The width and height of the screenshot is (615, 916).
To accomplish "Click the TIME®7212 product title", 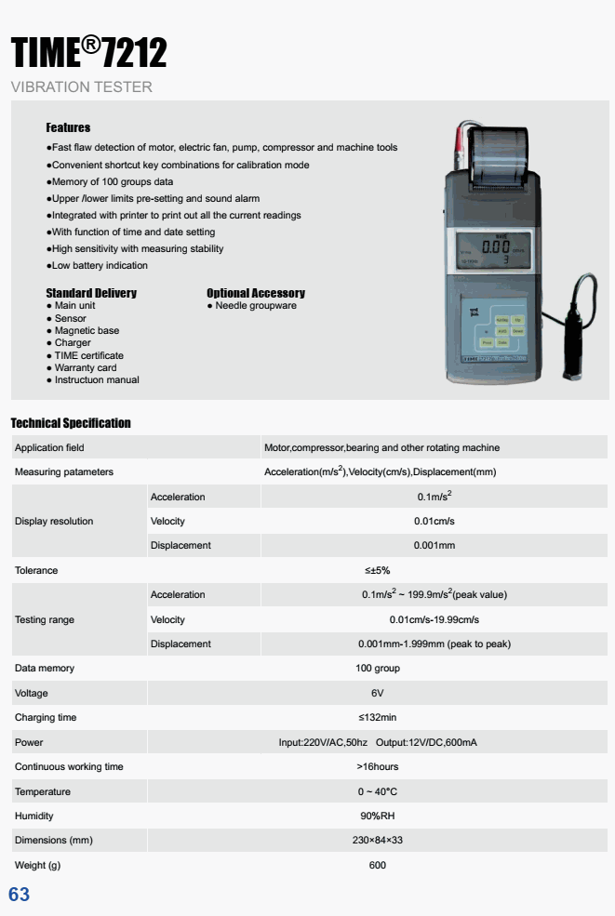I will tap(88, 54).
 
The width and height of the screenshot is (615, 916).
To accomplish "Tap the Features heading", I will tap(68, 126).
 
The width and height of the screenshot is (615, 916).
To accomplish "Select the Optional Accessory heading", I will tap(255, 293).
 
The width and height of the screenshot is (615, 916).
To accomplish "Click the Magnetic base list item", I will tap(87, 330).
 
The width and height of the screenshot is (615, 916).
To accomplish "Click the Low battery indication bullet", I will tap(100, 266).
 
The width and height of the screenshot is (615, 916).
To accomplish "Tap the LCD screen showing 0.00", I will tap(494, 249).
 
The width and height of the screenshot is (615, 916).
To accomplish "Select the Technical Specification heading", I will tap(71, 423).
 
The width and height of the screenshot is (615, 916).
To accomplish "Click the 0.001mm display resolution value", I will tap(435, 545).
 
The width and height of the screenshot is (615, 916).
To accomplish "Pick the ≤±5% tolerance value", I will tap(377, 570).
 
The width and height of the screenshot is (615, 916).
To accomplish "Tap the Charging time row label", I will tap(46, 718).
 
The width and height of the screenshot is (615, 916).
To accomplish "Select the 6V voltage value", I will tap(377, 694).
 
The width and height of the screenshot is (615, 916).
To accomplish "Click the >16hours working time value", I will tap(377, 767).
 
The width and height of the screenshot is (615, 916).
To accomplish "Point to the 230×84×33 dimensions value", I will tap(377, 841).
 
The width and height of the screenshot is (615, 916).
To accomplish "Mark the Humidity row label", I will tap(34, 816).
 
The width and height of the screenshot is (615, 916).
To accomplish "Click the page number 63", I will tap(19, 895).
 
